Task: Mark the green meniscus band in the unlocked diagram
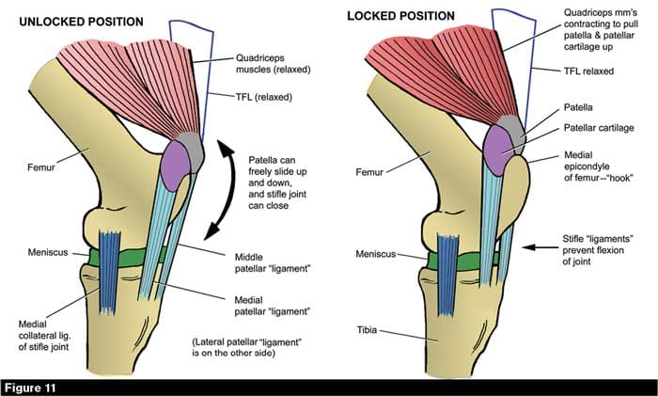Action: point(141,254)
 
